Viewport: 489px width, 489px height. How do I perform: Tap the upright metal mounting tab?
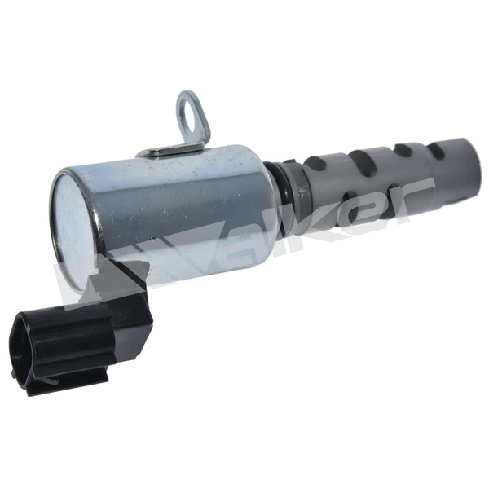point(193,122)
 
